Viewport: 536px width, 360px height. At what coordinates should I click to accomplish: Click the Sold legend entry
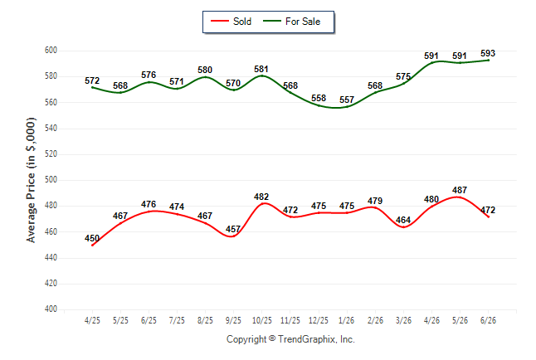point(231,22)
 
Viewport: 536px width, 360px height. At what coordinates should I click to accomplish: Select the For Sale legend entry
point(291,22)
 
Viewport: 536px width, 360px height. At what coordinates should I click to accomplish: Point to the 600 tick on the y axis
point(51,51)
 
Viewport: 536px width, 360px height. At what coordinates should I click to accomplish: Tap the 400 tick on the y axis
point(51,309)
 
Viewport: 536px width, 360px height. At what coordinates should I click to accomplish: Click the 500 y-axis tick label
point(51,180)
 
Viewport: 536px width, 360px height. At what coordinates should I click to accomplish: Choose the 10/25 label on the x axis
point(262,320)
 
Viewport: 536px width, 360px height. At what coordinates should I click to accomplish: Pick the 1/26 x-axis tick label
point(347,320)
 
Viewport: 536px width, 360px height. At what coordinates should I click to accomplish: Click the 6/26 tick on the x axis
point(488,320)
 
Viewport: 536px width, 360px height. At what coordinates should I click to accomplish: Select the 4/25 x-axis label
point(92,320)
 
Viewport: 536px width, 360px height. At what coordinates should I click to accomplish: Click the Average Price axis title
point(31,180)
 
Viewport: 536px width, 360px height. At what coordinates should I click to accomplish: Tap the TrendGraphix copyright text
point(290,339)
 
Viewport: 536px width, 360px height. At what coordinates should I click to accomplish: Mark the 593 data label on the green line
point(488,53)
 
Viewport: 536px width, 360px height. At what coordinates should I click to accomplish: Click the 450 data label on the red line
point(92,238)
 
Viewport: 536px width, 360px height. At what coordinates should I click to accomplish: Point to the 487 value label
point(460,190)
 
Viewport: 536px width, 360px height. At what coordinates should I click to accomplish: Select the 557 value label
point(347,100)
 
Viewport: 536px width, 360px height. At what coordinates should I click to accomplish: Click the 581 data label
point(261,70)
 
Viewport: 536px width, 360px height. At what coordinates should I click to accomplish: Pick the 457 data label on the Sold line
point(233,229)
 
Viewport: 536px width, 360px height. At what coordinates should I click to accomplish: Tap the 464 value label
point(403,220)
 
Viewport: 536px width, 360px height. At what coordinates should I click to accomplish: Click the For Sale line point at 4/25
point(92,88)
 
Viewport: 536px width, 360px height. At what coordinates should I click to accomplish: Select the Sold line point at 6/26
point(488,216)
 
